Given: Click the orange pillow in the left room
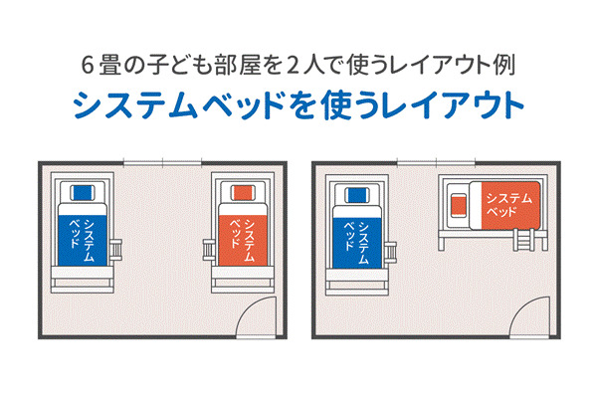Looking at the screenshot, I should pos(242,191).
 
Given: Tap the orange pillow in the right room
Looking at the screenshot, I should pos(459,205).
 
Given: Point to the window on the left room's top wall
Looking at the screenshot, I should pos(163,162).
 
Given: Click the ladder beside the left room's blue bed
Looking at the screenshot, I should pos(117,245).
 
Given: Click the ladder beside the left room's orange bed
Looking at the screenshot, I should pos(209,245).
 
